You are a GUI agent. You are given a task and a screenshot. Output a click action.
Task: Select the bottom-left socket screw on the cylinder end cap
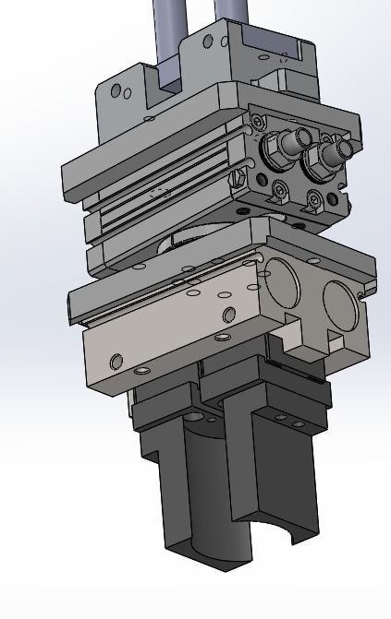point(281,191)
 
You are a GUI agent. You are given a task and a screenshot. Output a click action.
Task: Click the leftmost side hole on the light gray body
point(116,360)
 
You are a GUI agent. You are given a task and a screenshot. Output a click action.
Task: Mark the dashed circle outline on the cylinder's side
point(161,193)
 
